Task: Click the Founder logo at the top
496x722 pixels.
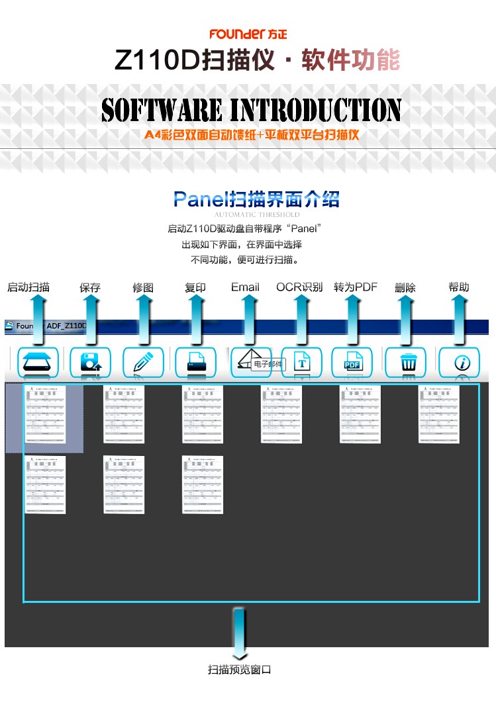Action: click(x=248, y=34)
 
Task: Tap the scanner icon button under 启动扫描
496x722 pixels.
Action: click(x=38, y=363)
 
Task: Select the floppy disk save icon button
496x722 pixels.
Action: click(x=90, y=363)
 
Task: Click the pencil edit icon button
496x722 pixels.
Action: click(x=143, y=363)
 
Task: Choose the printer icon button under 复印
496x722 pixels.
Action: click(x=195, y=363)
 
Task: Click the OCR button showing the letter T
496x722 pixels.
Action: click(x=301, y=363)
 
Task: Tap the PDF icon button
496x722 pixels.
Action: click(x=352, y=363)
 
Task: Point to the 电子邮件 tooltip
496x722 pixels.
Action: click(x=268, y=364)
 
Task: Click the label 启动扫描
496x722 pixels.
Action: click(x=28, y=287)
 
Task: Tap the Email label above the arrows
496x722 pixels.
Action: click(x=245, y=287)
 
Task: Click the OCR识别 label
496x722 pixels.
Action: click(x=299, y=287)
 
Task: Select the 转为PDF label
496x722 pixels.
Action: click(x=356, y=287)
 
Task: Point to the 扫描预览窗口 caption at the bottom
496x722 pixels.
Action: click(x=240, y=670)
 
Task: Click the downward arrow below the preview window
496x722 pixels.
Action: click(x=239, y=631)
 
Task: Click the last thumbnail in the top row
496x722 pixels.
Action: click(x=438, y=414)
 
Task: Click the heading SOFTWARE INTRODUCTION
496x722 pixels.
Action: click(x=251, y=110)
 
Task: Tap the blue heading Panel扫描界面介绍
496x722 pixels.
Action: click(x=256, y=199)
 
